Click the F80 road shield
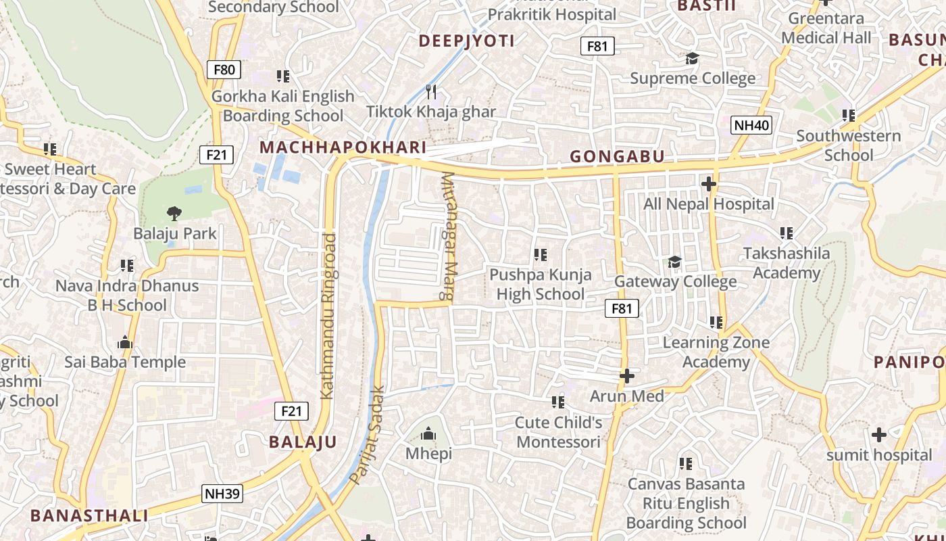[224, 69]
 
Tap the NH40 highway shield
[751, 125]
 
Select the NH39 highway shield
[222, 494]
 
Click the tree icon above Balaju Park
[174, 214]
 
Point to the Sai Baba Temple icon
[125, 342]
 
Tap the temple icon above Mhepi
[428, 433]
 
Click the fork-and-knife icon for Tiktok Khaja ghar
[431, 91]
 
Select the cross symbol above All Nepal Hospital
[708, 184]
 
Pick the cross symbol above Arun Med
[627, 376]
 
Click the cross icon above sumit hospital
[879, 435]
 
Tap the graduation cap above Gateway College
[674, 262]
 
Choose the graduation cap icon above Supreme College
[692, 59]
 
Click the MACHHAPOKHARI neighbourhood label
[343, 147]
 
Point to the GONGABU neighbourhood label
[617, 157]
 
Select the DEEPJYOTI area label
[466, 41]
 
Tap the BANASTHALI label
[89, 515]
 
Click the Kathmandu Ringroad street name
[328, 316]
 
